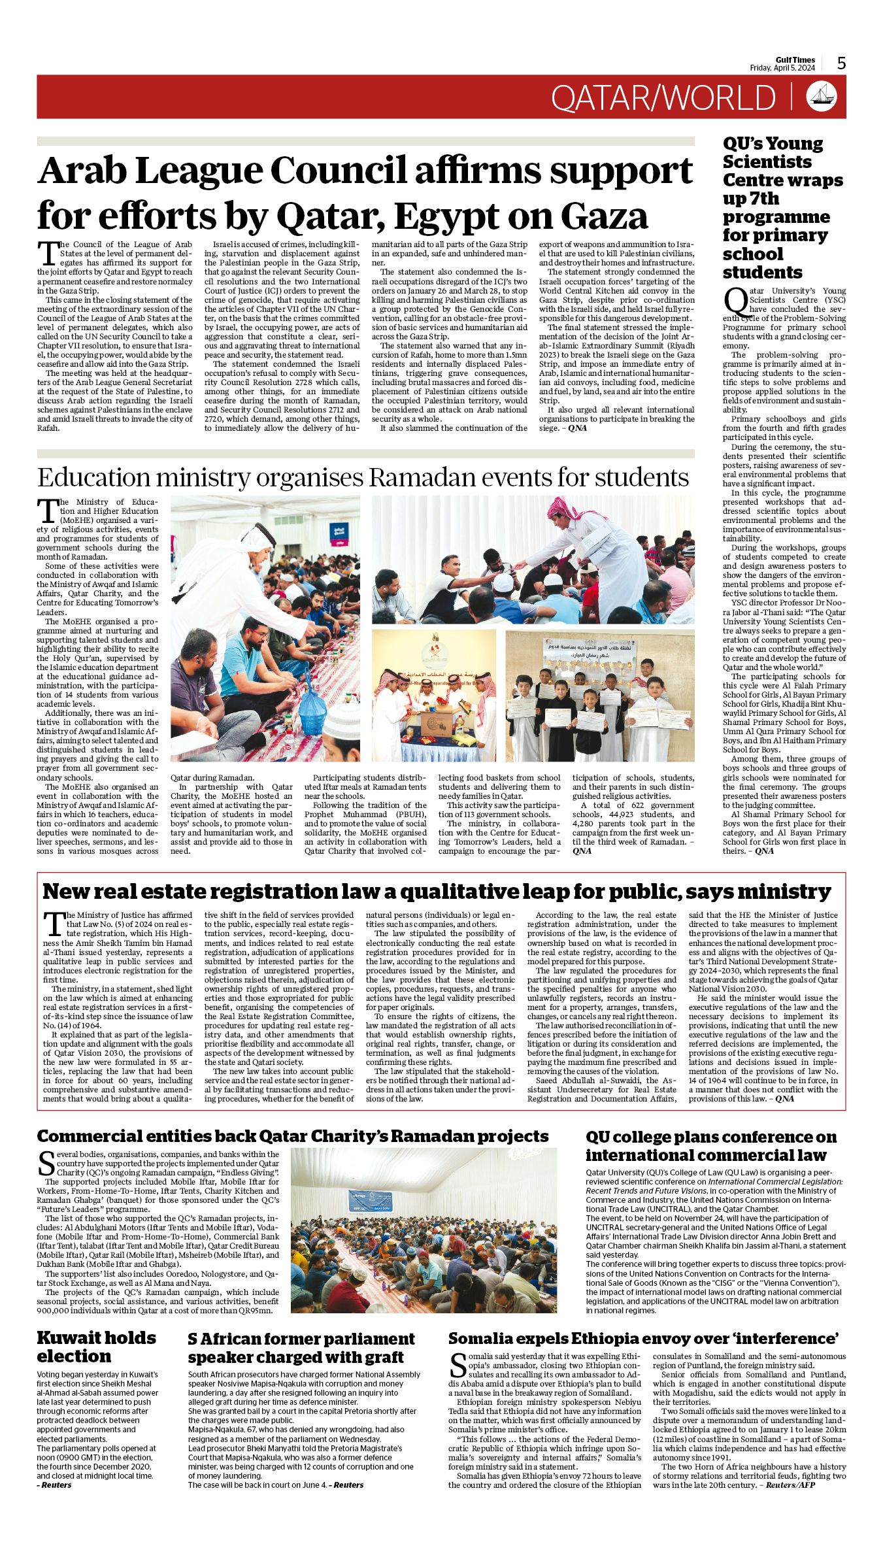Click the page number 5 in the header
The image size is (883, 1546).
[841, 63]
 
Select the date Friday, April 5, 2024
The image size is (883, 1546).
[782, 68]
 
